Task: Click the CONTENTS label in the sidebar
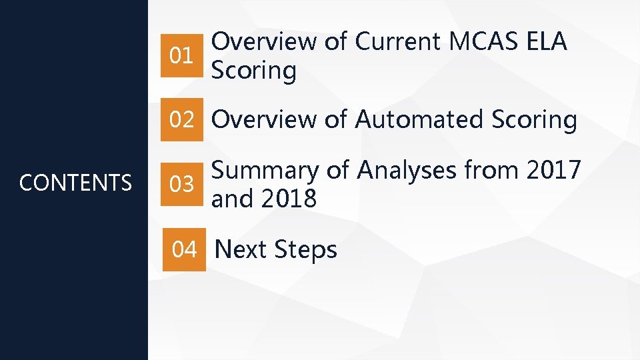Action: click(x=75, y=182)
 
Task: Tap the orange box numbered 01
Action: click(x=182, y=55)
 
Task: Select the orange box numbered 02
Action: click(x=182, y=120)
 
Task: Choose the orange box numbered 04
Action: click(x=185, y=249)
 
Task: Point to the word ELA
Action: click(x=546, y=42)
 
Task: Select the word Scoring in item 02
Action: click(x=534, y=120)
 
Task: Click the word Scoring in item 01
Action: click(x=253, y=70)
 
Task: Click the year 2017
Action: click(x=554, y=171)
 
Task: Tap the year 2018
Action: click(x=289, y=198)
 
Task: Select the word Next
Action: click(x=241, y=250)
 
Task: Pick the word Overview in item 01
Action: click(x=264, y=42)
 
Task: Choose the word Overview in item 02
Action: click(x=264, y=120)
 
